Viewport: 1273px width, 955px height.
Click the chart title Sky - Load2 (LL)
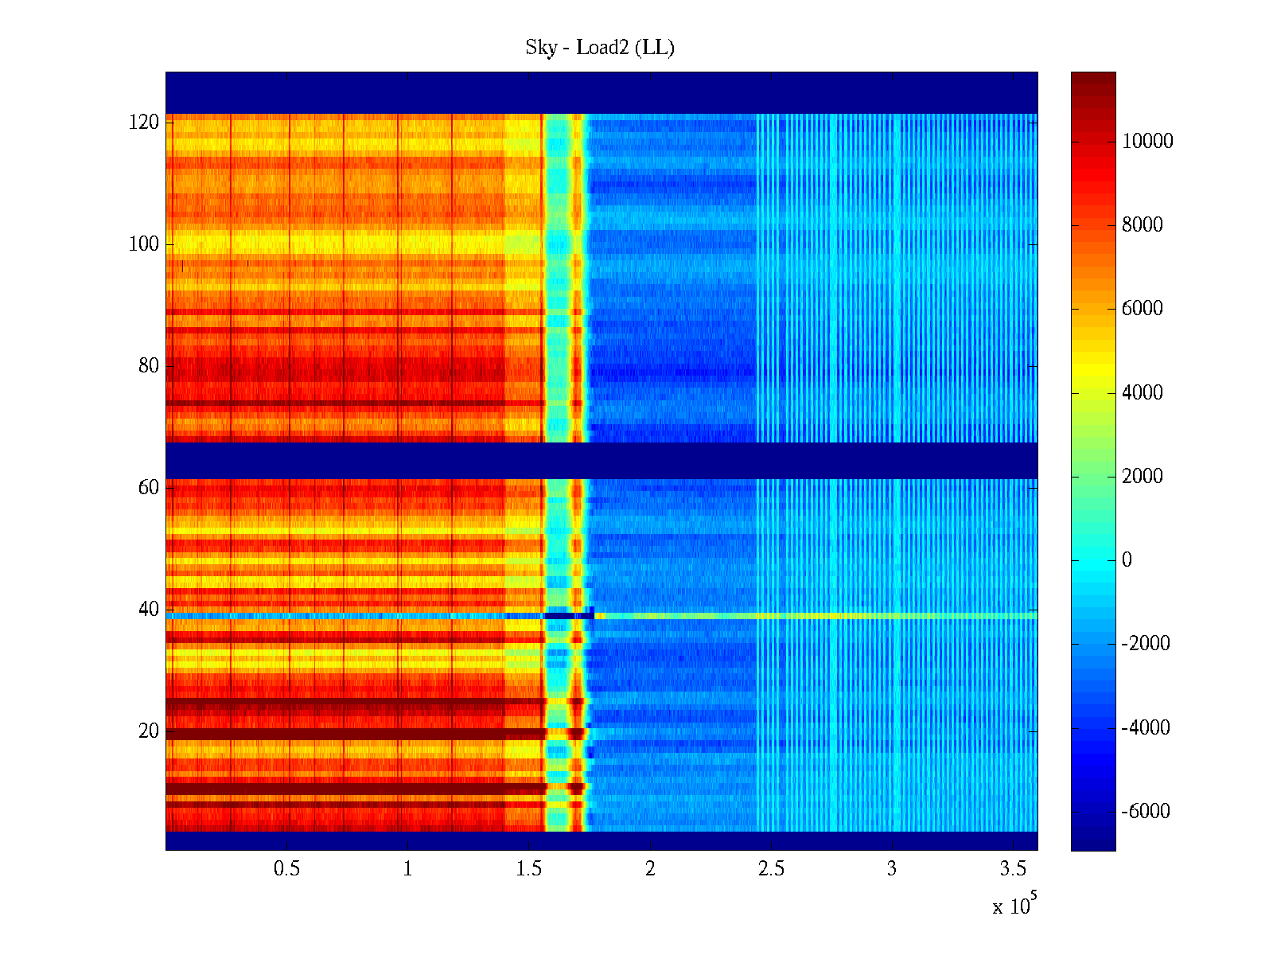(600, 48)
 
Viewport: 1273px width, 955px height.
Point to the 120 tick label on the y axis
(144, 123)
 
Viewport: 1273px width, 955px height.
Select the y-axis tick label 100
(144, 244)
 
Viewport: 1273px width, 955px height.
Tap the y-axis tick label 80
(149, 366)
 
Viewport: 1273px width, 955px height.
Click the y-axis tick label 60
(149, 488)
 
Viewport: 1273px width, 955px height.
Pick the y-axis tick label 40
(149, 610)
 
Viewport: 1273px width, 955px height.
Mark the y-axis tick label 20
(149, 731)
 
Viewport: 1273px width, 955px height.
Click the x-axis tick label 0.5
(286, 869)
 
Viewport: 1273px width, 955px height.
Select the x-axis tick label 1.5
(528, 869)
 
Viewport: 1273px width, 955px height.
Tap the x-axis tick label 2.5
(770, 869)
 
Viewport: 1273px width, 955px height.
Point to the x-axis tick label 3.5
(1012, 869)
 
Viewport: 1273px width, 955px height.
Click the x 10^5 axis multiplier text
(1014, 906)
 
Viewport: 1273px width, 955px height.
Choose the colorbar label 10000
(1147, 142)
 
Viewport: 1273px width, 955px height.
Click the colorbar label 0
(1127, 560)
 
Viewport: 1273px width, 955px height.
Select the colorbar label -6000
(1146, 812)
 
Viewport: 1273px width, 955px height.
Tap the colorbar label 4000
(1143, 392)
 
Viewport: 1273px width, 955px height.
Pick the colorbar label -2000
(1146, 644)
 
